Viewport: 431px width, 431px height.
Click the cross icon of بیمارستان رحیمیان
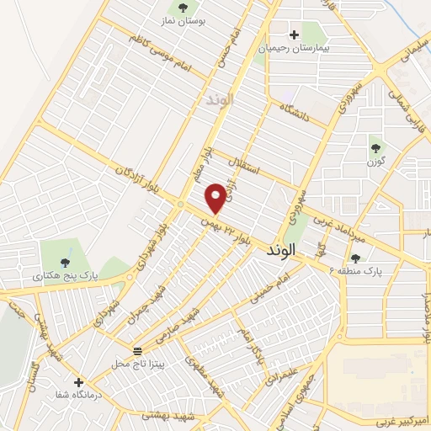pos(294,35)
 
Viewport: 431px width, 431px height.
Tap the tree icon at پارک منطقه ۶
pos(354,258)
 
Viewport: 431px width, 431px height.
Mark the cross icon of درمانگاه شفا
pos(78,381)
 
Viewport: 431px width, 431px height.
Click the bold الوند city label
pos(281,250)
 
